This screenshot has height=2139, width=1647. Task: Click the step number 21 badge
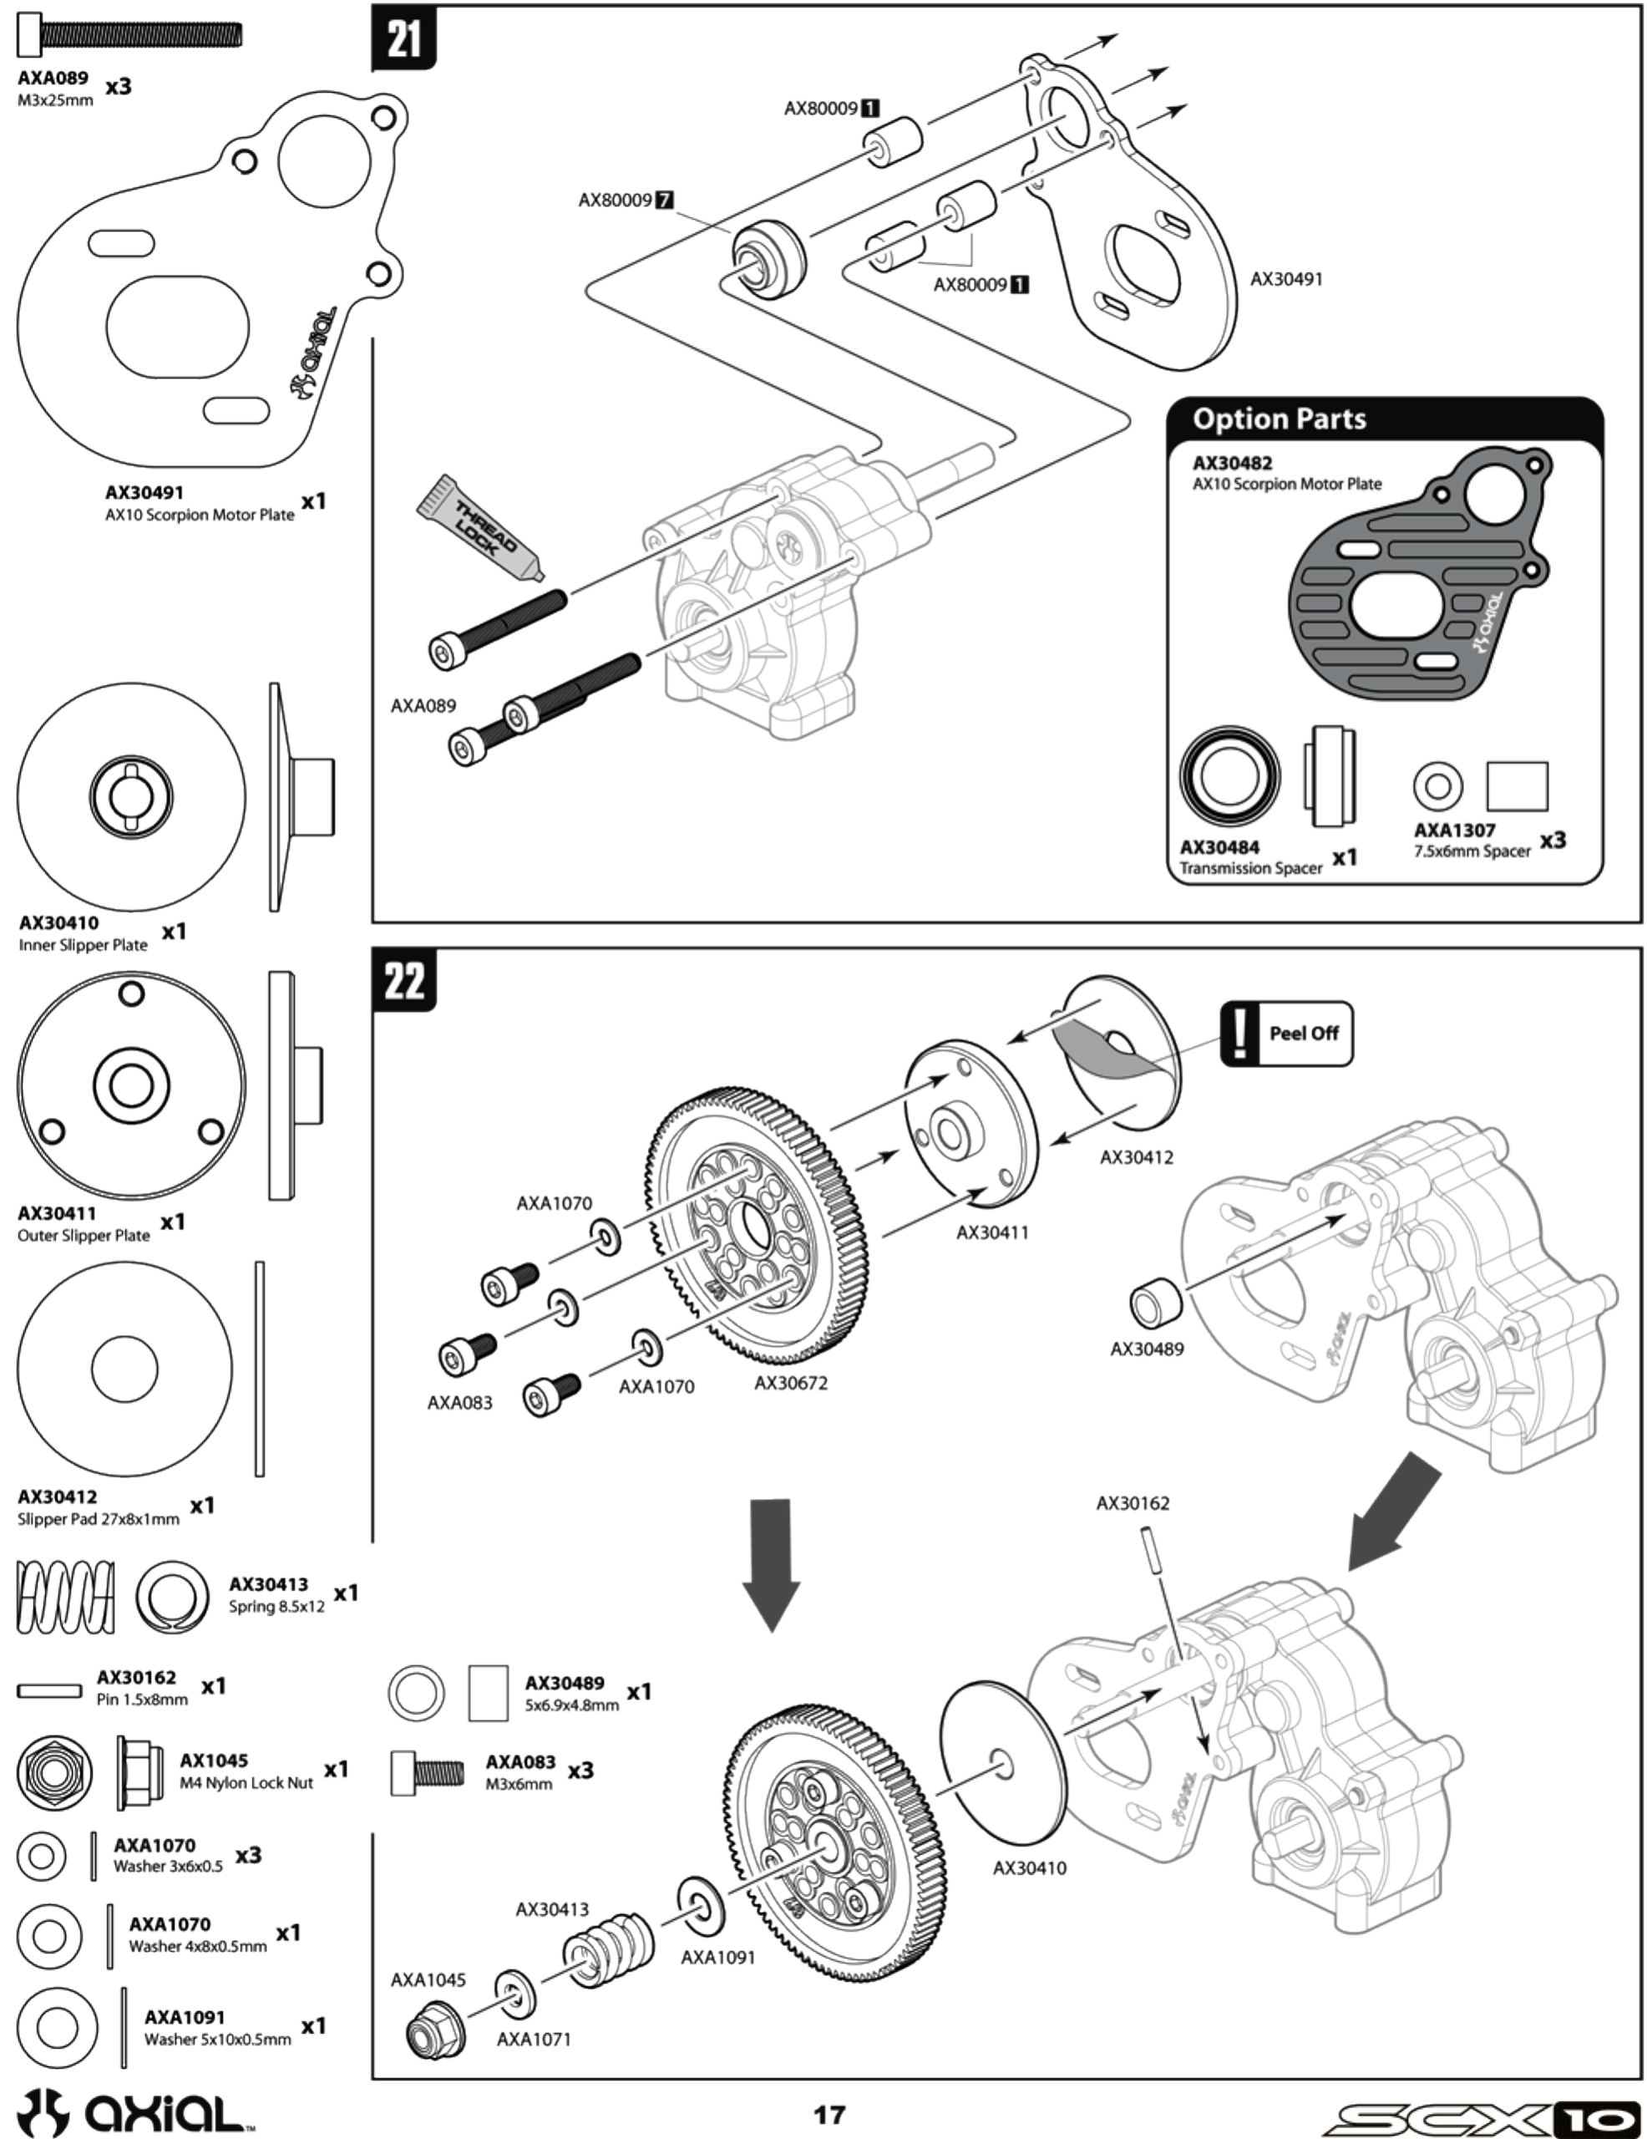tap(403, 39)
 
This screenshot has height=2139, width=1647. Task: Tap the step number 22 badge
tap(403, 979)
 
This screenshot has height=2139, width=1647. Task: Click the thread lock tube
tap(479, 528)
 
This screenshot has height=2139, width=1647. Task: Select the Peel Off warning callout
tap(1285, 1034)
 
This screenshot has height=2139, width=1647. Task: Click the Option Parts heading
tap(1279, 419)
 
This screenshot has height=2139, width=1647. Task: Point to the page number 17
tap(829, 2115)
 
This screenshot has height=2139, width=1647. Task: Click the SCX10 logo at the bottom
tap(1481, 2117)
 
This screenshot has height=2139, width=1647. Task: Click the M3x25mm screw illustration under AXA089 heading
tap(129, 35)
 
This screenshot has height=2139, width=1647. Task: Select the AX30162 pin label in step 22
tap(1132, 1503)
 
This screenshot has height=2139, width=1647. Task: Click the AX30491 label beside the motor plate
tap(1285, 279)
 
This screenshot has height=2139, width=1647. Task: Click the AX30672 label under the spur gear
tap(790, 1383)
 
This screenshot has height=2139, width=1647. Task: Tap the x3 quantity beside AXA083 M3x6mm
tap(580, 1771)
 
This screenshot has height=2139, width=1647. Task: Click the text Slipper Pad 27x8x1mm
tap(98, 1519)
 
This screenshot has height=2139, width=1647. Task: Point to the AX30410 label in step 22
tap(1029, 1867)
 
